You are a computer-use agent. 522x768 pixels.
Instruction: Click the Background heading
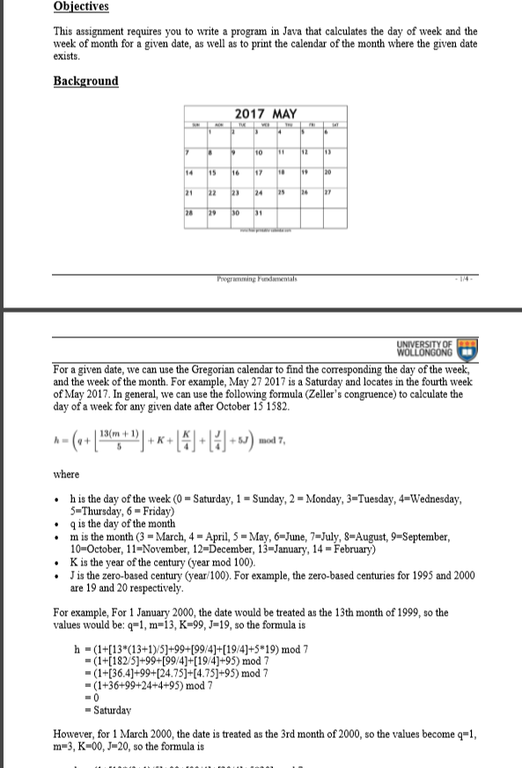coord(85,81)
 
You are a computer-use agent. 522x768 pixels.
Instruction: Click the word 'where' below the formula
coord(66,476)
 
